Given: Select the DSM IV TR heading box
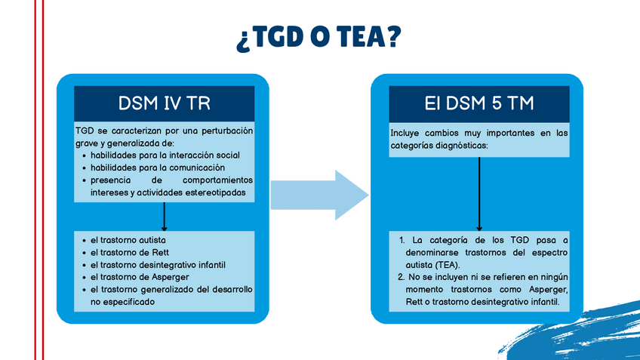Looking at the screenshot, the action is (164, 103).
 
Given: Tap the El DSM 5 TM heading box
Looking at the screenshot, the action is (479, 103).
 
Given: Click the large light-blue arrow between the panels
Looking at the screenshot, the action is (319, 195).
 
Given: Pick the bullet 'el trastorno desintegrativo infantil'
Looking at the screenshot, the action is (158, 264).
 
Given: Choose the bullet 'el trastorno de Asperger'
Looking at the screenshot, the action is (141, 276).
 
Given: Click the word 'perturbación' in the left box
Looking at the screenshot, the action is (223, 131).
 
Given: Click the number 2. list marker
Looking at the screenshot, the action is (402, 278).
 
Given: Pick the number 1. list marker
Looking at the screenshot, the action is (402, 240).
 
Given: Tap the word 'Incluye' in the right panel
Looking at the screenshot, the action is (406, 133).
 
